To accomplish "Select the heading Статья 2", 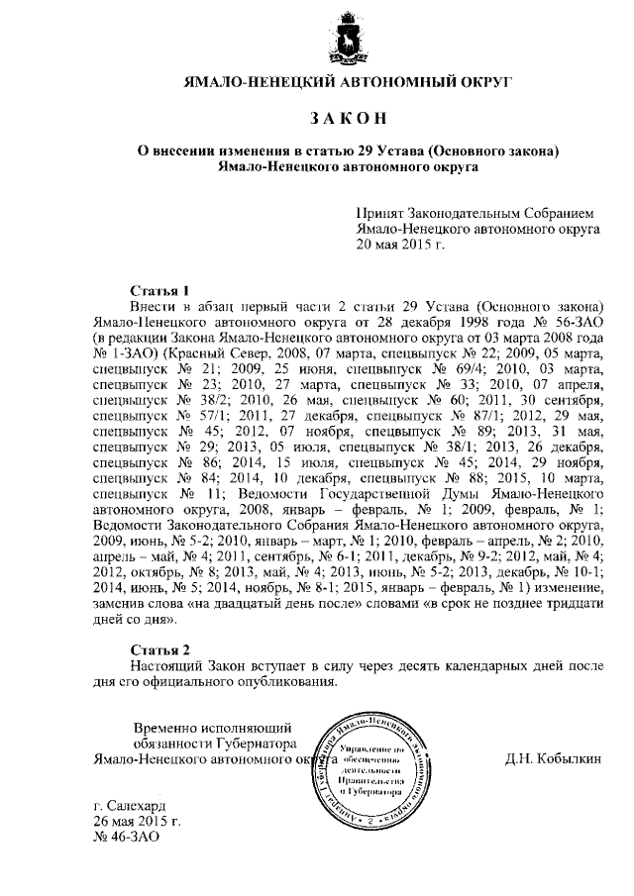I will [x=159, y=649].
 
